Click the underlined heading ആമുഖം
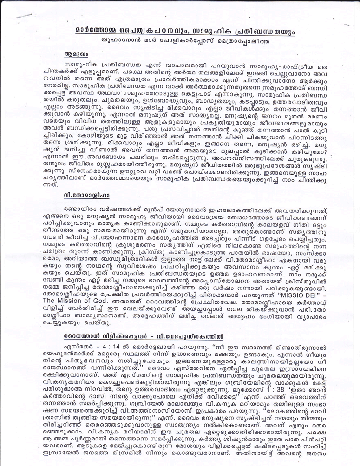(74, 54)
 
